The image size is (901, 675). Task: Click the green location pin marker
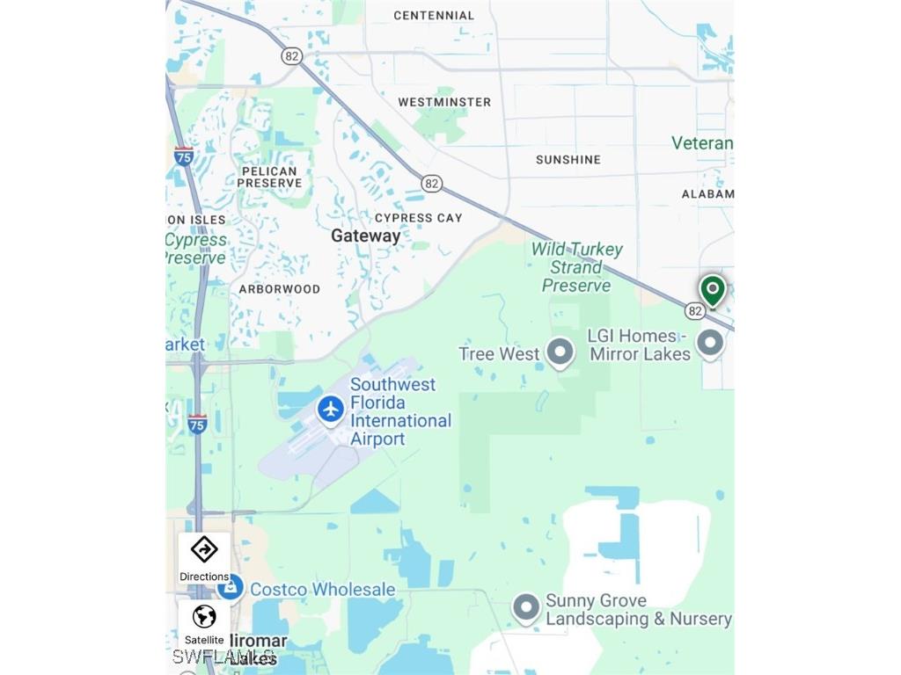click(x=713, y=289)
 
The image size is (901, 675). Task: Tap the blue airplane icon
click(x=331, y=409)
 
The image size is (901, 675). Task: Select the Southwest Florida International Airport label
click(x=400, y=411)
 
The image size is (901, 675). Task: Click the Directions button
click(x=204, y=558)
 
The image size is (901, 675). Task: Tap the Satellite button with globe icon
click(x=204, y=623)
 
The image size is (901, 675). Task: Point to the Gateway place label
click(x=365, y=236)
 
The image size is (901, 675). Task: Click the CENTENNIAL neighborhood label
click(x=434, y=15)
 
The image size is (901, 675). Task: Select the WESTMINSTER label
click(x=444, y=102)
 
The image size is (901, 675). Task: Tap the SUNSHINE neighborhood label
click(x=568, y=159)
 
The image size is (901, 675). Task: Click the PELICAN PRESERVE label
click(x=269, y=177)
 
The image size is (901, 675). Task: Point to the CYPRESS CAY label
click(x=419, y=217)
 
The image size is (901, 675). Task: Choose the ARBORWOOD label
click(x=280, y=288)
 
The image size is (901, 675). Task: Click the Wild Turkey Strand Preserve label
click(x=576, y=267)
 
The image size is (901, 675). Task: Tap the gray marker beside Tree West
click(x=560, y=353)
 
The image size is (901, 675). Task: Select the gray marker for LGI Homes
click(x=710, y=344)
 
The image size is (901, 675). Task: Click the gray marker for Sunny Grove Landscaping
click(x=526, y=608)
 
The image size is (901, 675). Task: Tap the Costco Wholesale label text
click(x=323, y=590)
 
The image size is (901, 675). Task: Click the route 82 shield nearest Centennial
click(x=292, y=55)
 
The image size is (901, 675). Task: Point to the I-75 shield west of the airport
click(x=197, y=424)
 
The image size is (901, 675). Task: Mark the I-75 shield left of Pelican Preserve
click(x=183, y=156)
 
